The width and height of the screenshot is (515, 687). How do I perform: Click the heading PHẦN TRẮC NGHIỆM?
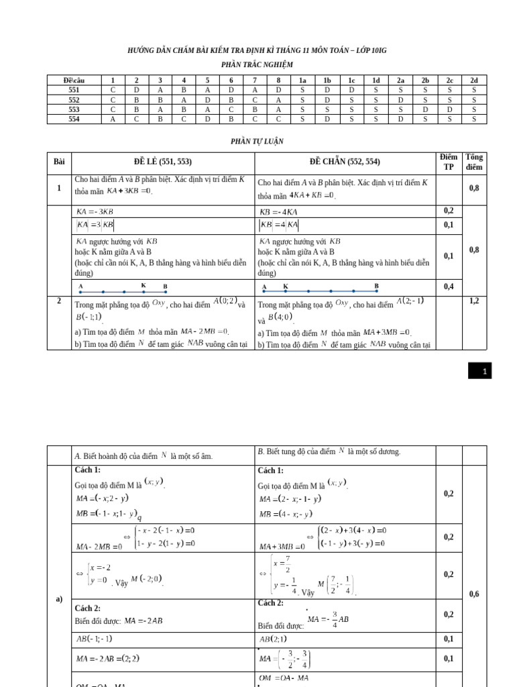[257, 64]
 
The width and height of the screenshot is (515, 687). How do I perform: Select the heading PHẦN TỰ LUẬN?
[257, 142]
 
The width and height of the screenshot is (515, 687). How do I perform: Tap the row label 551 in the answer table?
[74, 89]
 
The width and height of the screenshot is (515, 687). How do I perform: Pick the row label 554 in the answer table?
[74, 119]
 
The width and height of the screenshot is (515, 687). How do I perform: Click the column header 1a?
[302, 80]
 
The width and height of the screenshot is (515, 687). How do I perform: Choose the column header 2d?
[474, 80]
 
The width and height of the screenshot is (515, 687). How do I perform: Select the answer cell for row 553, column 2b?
[425, 109]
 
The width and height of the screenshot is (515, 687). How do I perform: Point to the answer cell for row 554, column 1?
[113, 119]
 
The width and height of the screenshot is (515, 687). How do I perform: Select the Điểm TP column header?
[449, 162]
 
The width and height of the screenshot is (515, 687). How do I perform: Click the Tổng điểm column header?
[474, 162]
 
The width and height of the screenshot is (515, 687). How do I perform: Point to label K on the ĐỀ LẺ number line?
[144, 285]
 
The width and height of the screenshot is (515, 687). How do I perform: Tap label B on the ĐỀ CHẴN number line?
[376, 286]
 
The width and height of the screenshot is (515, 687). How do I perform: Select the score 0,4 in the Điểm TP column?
[449, 286]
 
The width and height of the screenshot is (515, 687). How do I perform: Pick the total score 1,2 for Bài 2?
[474, 301]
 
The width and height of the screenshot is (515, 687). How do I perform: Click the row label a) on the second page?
[59, 599]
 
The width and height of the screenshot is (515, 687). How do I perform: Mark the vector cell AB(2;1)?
[274, 639]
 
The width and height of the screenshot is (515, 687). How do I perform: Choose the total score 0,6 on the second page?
[474, 594]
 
